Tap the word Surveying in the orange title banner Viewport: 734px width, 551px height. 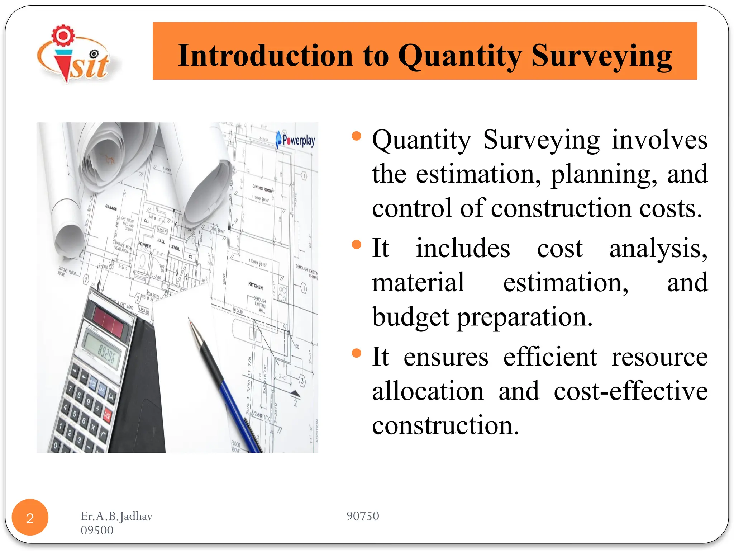click(x=601, y=56)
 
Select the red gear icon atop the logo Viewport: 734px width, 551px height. click(x=63, y=36)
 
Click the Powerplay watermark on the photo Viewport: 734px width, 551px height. click(x=295, y=140)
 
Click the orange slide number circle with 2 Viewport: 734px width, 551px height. click(x=30, y=517)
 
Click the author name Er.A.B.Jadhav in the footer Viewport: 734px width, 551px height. click(x=116, y=516)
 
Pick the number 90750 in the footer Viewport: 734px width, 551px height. click(x=362, y=516)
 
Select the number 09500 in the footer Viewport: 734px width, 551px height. click(x=97, y=530)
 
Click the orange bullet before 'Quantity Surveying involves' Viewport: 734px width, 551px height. click(x=356, y=136)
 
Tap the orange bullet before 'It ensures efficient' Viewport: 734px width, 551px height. click(x=356, y=353)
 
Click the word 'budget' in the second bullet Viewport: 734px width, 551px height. click(x=411, y=317)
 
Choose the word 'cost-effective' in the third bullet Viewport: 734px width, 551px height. click(x=630, y=391)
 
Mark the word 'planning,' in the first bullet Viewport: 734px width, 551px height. click(x=604, y=174)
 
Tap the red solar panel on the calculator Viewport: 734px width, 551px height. click(x=109, y=321)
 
